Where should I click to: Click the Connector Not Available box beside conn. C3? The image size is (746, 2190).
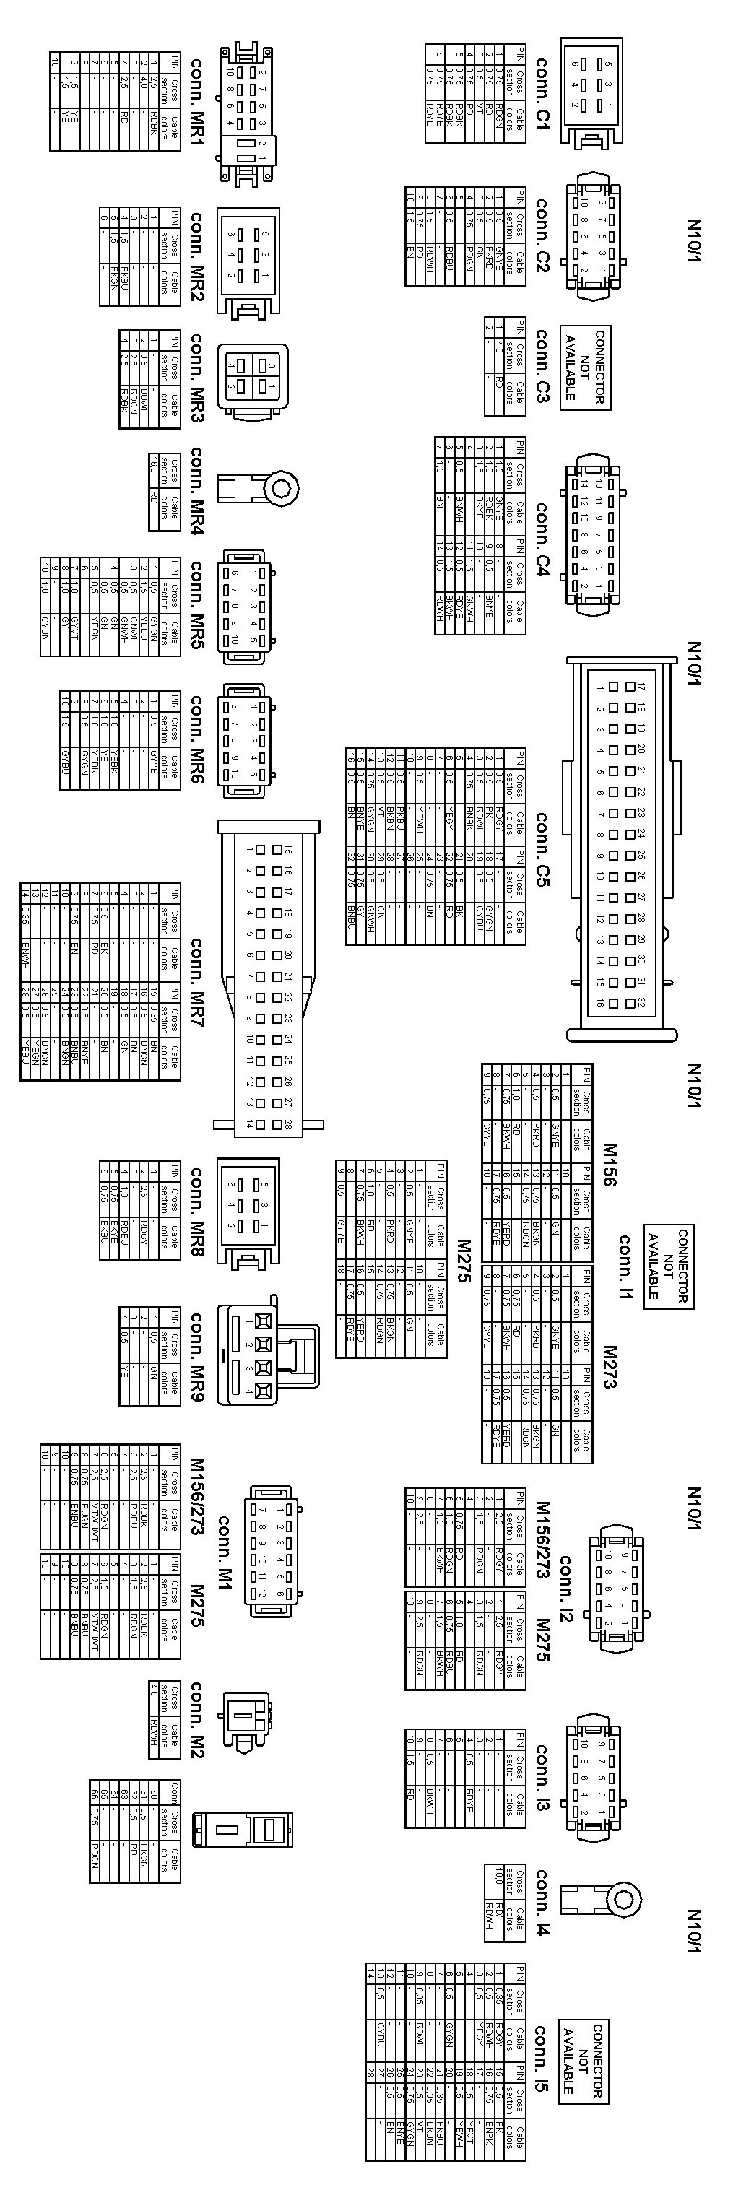click(x=585, y=366)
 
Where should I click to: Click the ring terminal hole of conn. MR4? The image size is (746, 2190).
click(x=282, y=489)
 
